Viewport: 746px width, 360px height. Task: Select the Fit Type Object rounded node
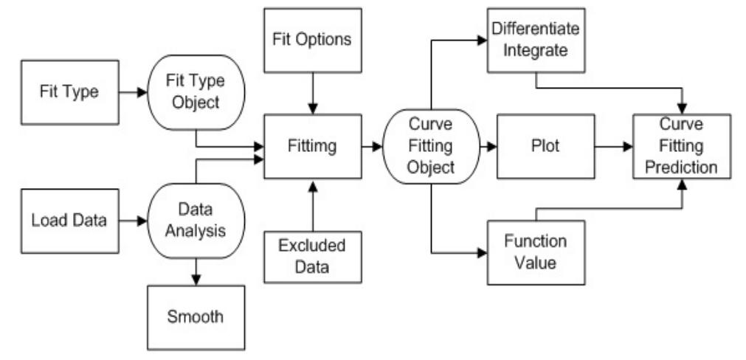point(196,93)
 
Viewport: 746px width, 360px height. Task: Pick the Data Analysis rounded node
point(196,220)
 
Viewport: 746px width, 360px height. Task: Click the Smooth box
point(196,317)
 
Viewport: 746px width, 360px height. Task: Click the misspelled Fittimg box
point(313,146)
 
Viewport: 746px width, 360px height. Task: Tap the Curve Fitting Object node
point(431,146)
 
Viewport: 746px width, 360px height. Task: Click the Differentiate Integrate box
point(535,40)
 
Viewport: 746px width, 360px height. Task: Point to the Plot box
point(546,146)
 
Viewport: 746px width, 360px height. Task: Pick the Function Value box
point(535,252)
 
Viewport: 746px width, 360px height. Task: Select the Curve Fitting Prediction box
point(682,146)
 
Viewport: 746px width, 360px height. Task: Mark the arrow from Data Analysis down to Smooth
point(196,271)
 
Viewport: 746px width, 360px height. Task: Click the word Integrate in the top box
point(535,50)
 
